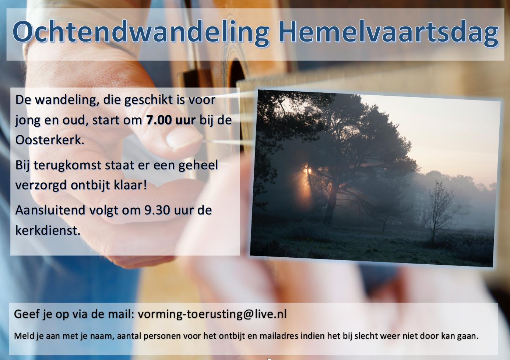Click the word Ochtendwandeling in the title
[141, 32]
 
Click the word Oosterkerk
[50, 140]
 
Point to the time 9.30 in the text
[157, 210]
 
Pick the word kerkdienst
[48, 230]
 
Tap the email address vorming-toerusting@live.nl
[212, 314]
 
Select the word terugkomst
[67, 165]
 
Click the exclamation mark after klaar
[144, 184]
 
